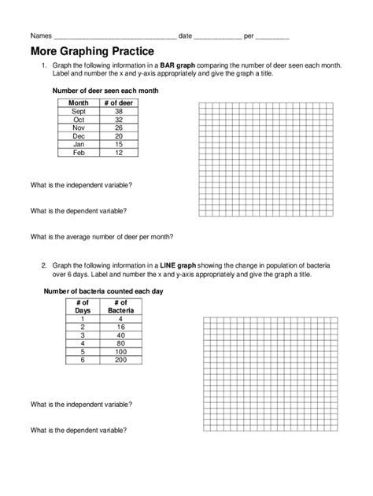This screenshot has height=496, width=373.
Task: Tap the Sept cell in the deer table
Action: point(79,111)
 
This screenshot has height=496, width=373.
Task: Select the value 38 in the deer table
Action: point(116,111)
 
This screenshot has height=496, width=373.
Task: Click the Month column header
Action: point(79,102)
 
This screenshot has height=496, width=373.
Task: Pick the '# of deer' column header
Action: point(116,102)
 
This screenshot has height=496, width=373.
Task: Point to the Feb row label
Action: point(79,152)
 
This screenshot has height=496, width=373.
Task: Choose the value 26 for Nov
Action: point(116,128)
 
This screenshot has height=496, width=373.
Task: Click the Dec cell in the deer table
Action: point(79,135)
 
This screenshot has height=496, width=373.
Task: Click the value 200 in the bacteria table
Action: point(120,359)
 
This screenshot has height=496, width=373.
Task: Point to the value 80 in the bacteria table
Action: point(120,342)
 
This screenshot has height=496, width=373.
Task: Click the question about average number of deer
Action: point(102,236)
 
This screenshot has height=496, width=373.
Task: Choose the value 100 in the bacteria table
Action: point(120,351)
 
